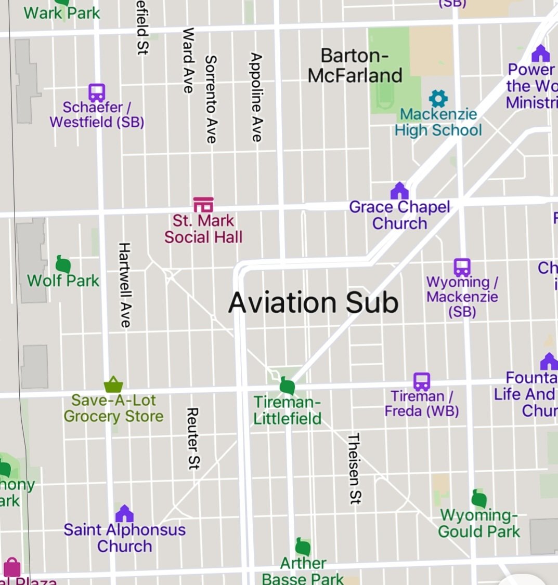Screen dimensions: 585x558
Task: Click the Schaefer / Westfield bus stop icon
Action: tap(97, 92)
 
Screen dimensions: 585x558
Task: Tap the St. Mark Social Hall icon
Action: tap(203, 204)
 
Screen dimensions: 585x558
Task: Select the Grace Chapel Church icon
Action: tap(399, 191)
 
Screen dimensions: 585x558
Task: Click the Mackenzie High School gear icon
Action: tap(438, 98)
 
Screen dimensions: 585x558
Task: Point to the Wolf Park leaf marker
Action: tap(63, 264)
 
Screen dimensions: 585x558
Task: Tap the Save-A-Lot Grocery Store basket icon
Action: tap(113, 384)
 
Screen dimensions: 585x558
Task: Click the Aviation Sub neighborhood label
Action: tap(313, 302)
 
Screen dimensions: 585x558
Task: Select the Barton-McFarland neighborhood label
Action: tap(355, 65)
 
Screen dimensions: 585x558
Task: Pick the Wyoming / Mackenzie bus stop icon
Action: tap(462, 267)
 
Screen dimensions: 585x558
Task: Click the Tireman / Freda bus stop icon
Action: tap(422, 381)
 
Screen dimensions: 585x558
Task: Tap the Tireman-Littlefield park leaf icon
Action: tap(287, 386)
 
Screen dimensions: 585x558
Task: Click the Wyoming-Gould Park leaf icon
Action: tap(479, 499)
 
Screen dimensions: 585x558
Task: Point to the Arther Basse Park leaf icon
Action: tap(303, 547)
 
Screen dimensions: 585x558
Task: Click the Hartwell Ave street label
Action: tap(124, 284)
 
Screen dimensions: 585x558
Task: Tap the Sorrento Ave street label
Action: tap(211, 99)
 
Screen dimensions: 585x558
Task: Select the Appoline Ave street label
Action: tap(256, 97)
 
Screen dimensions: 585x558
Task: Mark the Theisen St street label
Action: tap(354, 468)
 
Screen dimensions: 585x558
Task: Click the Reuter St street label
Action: tap(192, 438)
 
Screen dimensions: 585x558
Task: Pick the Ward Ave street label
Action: tap(188, 60)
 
